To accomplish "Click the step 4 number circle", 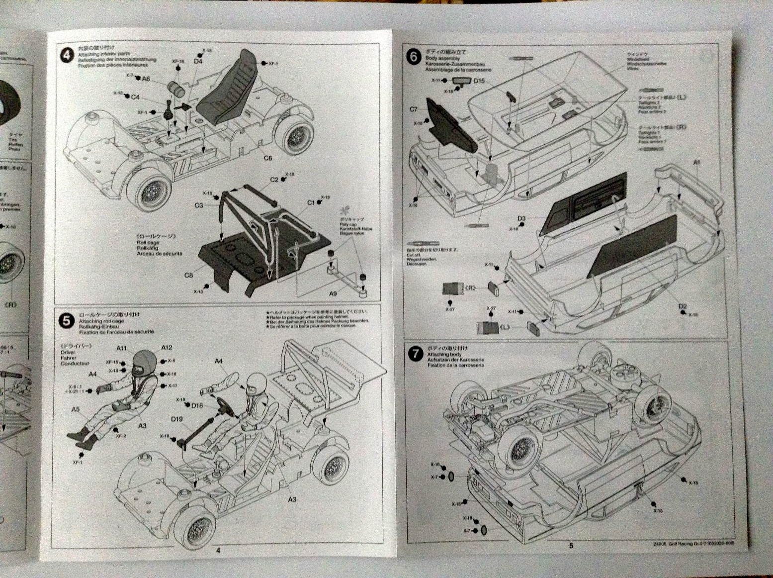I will tap(67, 55).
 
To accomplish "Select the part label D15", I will tap(479, 81).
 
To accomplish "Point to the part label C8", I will tap(188, 275).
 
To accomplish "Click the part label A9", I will tap(333, 293).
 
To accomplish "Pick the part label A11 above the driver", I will tap(122, 349).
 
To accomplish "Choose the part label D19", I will tap(177, 419).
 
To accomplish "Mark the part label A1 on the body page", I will tap(697, 163).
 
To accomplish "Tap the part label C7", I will tap(414, 109).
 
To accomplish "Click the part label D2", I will tap(683, 307).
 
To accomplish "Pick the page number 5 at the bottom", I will tap(571, 546).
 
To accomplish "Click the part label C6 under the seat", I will tap(267, 158).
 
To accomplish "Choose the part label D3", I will tap(521, 218).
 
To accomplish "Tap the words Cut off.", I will tap(414, 255).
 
